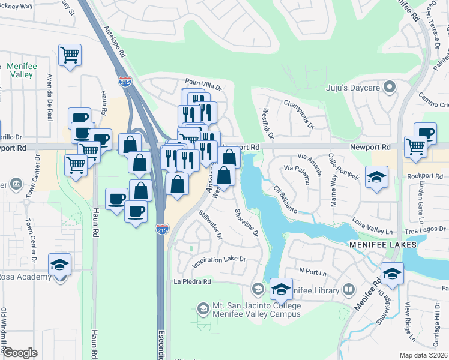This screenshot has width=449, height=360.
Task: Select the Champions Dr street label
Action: [299, 114]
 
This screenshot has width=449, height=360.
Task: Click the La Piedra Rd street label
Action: [193, 281]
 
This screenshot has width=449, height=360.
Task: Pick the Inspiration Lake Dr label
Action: [219, 260]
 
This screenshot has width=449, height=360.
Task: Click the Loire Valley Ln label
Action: [372, 227]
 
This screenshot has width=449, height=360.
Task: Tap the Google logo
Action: [20, 352]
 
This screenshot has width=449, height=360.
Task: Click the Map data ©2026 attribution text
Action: [423, 355]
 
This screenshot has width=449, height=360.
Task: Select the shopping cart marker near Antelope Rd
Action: [70, 55]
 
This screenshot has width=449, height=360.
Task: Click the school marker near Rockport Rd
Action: [377, 176]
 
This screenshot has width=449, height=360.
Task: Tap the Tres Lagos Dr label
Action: [426, 230]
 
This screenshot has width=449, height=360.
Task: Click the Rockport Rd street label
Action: [424, 176]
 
